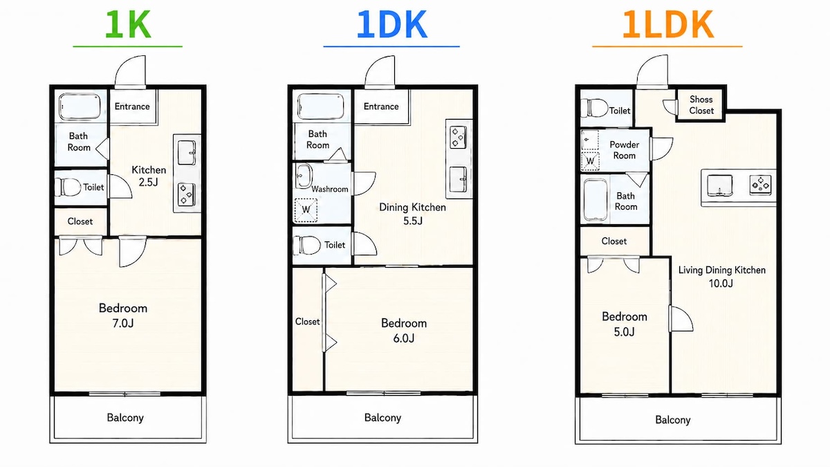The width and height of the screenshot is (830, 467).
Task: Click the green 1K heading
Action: tap(128, 24)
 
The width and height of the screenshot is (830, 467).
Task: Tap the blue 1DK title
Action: tap(391, 24)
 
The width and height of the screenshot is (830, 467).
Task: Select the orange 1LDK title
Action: tap(667, 24)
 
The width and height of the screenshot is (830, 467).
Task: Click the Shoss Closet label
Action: tap(701, 105)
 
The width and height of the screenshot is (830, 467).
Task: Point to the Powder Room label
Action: tap(625, 149)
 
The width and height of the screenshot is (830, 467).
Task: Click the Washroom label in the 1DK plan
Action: tap(330, 189)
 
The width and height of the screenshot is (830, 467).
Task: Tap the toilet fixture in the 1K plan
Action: tap(68, 187)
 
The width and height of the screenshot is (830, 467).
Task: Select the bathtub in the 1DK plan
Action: tap(320, 107)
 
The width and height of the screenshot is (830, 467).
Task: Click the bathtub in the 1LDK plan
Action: tap(596, 200)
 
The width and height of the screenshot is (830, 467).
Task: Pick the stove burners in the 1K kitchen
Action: tap(186, 194)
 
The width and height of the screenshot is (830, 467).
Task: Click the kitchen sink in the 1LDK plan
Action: tap(719, 185)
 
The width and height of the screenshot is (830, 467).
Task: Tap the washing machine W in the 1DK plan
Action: tap(306, 210)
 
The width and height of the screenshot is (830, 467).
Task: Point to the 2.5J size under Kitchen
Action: tap(149, 183)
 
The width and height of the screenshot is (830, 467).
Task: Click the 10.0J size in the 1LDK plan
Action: tap(721, 284)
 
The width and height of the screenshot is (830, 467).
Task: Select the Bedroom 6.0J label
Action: tap(404, 331)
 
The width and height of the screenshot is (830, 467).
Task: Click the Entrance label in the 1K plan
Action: tap(132, 107)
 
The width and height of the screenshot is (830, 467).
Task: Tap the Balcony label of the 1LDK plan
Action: tap(673, 420)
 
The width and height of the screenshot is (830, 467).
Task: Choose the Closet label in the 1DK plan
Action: tap(307, 321)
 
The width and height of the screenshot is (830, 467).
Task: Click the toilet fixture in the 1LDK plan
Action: tap(594, 108)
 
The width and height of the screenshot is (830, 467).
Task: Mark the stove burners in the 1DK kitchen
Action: tap(458, 137)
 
